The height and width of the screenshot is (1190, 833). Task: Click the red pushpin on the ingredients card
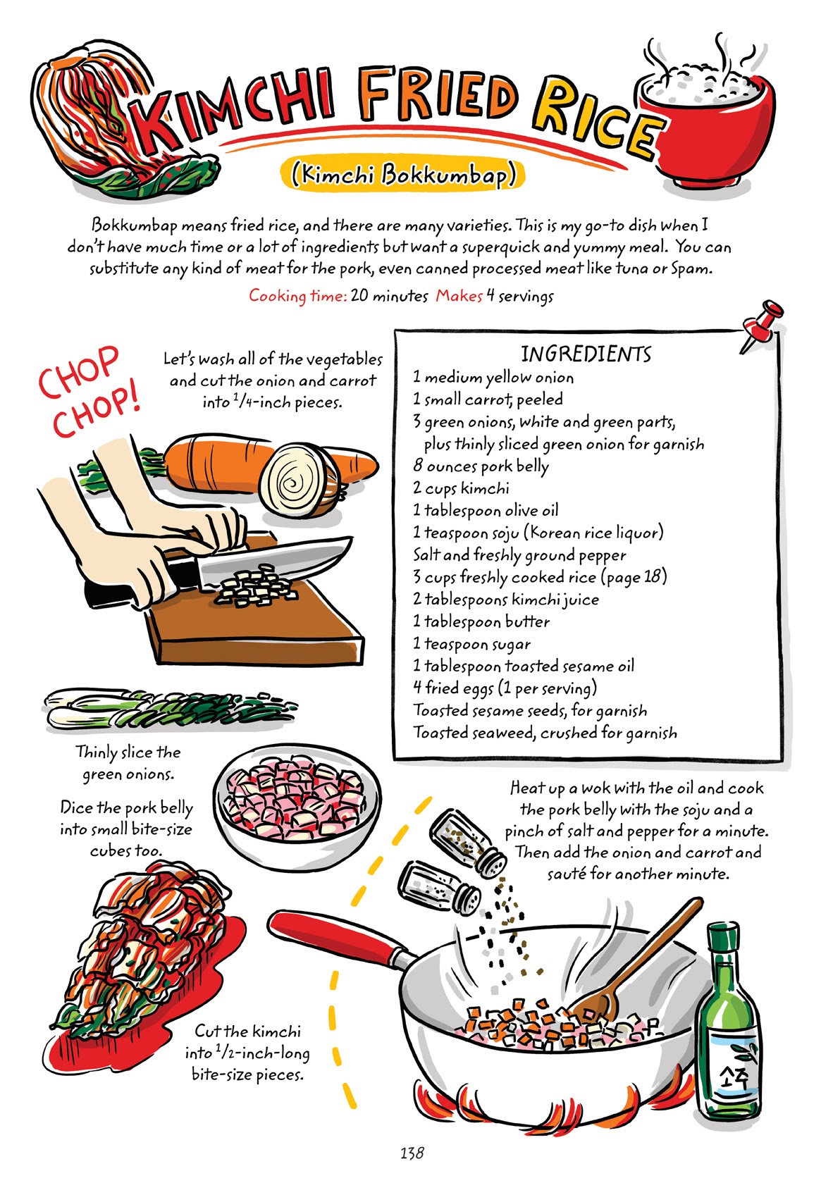[763, 322]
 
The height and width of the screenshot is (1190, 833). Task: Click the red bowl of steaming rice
[712, 130]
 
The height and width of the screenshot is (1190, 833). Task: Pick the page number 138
[412, 1153]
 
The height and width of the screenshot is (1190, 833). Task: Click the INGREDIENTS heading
[586, 354]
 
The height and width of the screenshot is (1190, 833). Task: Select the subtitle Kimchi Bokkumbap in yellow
[402, 174]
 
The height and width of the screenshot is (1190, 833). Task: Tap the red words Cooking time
[297, 296]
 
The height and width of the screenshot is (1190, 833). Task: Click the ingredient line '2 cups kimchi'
[462, 488]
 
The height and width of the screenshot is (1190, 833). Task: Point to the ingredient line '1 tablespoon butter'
[481, 621]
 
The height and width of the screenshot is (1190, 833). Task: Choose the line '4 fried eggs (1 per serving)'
[505, 688]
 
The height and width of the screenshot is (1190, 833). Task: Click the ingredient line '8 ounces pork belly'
[481, 466]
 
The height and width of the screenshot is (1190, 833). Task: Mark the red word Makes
[459, 296]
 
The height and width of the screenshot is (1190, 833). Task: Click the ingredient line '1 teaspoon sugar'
[471, 644]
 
